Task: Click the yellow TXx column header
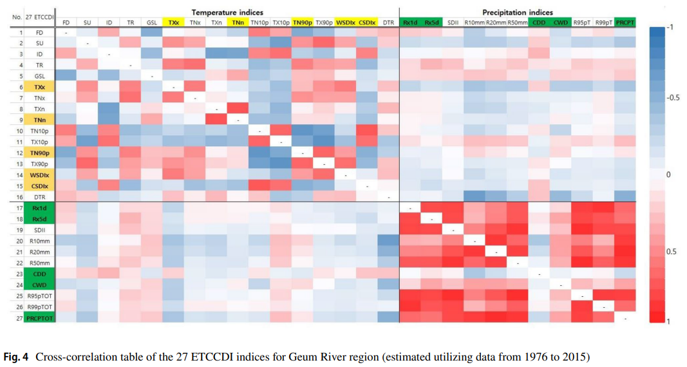tap(173, 23)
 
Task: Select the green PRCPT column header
tap(625, 23)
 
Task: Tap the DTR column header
tap(388, 23)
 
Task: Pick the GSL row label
tap(40, 76)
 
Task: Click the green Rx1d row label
tap(40, 207)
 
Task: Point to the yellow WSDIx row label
tap(40, 174)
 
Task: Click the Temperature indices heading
tap(227, 12)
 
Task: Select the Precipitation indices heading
tap(517, 12)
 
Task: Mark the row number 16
tap(21, 196)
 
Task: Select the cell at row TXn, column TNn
tap(238, 109)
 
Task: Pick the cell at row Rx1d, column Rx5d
tap(431, 207)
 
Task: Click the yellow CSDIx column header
tap(366, 23)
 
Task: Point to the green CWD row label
tap(40, 284)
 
